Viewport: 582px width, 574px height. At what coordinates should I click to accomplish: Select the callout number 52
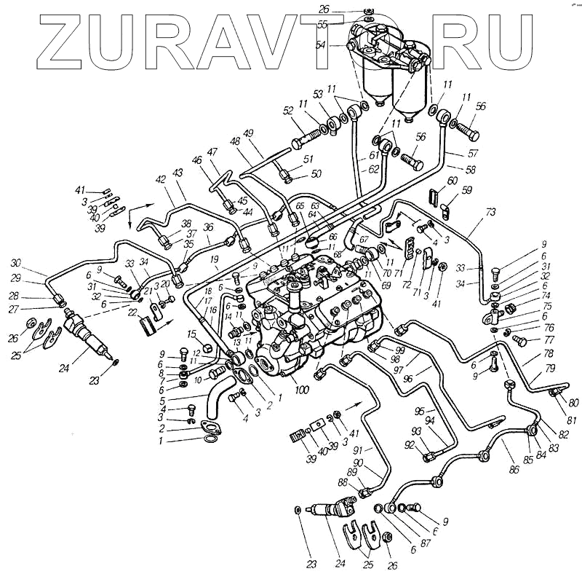click(288, 111)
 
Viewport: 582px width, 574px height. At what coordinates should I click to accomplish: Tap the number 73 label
click(490, 212)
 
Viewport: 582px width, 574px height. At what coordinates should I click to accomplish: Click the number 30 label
click(15, 263)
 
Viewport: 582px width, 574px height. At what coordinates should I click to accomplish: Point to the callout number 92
click(410, 445)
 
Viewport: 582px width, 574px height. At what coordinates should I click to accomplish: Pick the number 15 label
click(192, 334)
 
